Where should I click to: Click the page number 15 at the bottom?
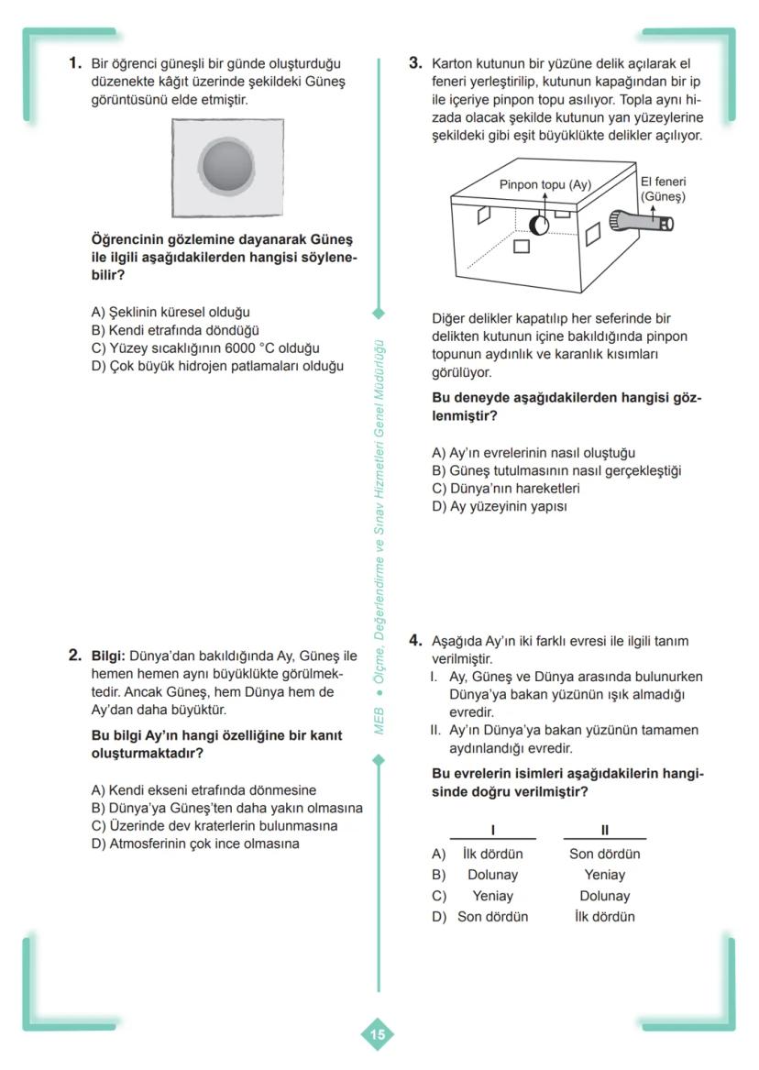click(x=378, y=1035)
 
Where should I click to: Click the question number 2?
click(x=76, y=656)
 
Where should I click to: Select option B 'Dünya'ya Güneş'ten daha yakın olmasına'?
click(x=227, y=808)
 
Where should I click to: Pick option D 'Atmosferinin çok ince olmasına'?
click(x=195, y=844)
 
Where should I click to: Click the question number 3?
click(x=414, y=63)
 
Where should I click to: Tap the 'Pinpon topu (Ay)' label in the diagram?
click(x=545, y=184)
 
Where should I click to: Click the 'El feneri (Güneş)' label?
click(x=663, y=189)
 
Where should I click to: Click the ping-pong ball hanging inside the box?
click(x=539, y=224)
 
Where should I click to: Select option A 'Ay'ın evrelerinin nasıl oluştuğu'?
click(x=533, y=453)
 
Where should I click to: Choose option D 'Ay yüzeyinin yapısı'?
click(x=500, y=506)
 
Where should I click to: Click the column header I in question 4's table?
click(x=493, y=831)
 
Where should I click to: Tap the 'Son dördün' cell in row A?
click(x=604, y=855)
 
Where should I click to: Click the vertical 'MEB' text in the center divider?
click(x=379, y=721)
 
